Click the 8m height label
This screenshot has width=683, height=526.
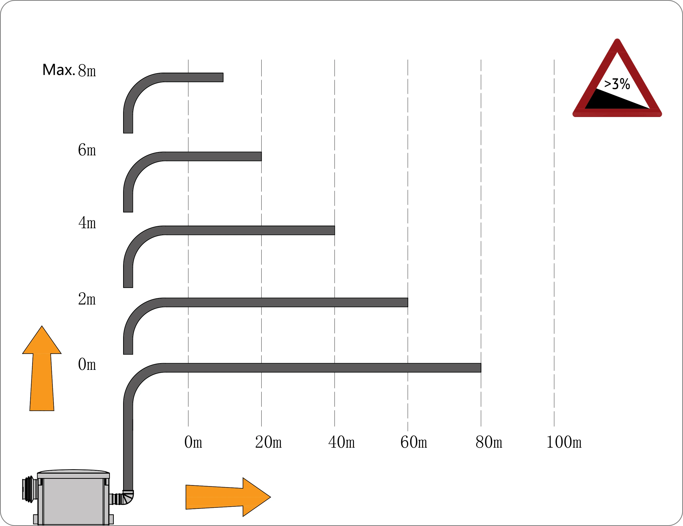point(87,71)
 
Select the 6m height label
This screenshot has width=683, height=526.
point(87,150)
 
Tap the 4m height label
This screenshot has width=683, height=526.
point(87,223)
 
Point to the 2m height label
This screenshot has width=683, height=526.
point(87,299)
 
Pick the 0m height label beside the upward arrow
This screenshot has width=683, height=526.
point(87,364)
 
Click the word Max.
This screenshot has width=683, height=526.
point(59,70)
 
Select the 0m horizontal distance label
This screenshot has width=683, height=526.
point(193,442)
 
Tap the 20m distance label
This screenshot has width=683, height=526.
point(268,442)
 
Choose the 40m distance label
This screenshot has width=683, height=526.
point(342,442)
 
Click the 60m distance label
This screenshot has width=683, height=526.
point(414,442)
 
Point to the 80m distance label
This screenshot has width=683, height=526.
point(489,442)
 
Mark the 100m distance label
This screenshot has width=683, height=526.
point(564,442)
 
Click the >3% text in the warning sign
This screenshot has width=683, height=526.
point(617,84)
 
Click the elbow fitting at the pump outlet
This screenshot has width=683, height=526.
point(128,497)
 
